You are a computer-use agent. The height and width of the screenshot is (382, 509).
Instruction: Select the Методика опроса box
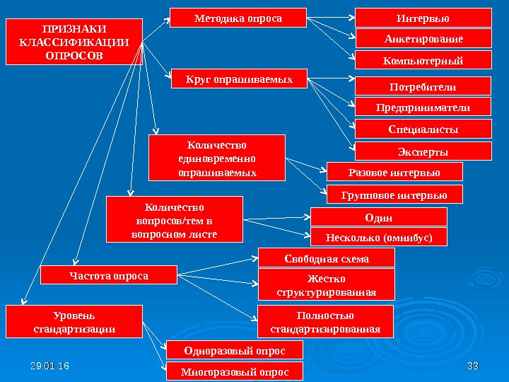click(x=239, y=18)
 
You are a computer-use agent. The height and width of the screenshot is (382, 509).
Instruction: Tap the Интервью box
click(x=422, y=17)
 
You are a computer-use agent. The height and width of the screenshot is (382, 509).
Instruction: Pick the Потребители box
click(x=422, y=86)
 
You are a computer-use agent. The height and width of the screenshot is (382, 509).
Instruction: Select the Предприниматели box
click(x=422, y=108)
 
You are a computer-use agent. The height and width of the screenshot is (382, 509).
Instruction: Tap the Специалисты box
click(x=422, y=129)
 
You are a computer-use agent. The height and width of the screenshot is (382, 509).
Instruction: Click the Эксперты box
click(x=422, y=151)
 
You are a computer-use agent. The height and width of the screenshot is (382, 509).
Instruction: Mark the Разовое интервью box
click(x=394, y=172)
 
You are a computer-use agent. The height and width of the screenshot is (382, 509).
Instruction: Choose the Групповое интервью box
click(x=394, y=194)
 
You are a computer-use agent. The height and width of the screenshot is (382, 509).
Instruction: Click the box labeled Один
click(x=379, y=216)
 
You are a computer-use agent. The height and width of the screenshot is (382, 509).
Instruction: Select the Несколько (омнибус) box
click(x=379, y=237)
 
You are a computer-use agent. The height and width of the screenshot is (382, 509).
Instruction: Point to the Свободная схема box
click(x=326, y=258)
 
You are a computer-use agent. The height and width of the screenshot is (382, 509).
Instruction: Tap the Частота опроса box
click(x=108, y=274)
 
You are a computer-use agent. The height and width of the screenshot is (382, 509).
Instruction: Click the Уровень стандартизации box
click(x=74, y=322)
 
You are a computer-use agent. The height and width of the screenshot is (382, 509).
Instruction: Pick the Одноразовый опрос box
click(x=234, y=350)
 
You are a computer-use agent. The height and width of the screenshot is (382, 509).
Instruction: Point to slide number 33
click(x=473, y=366)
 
